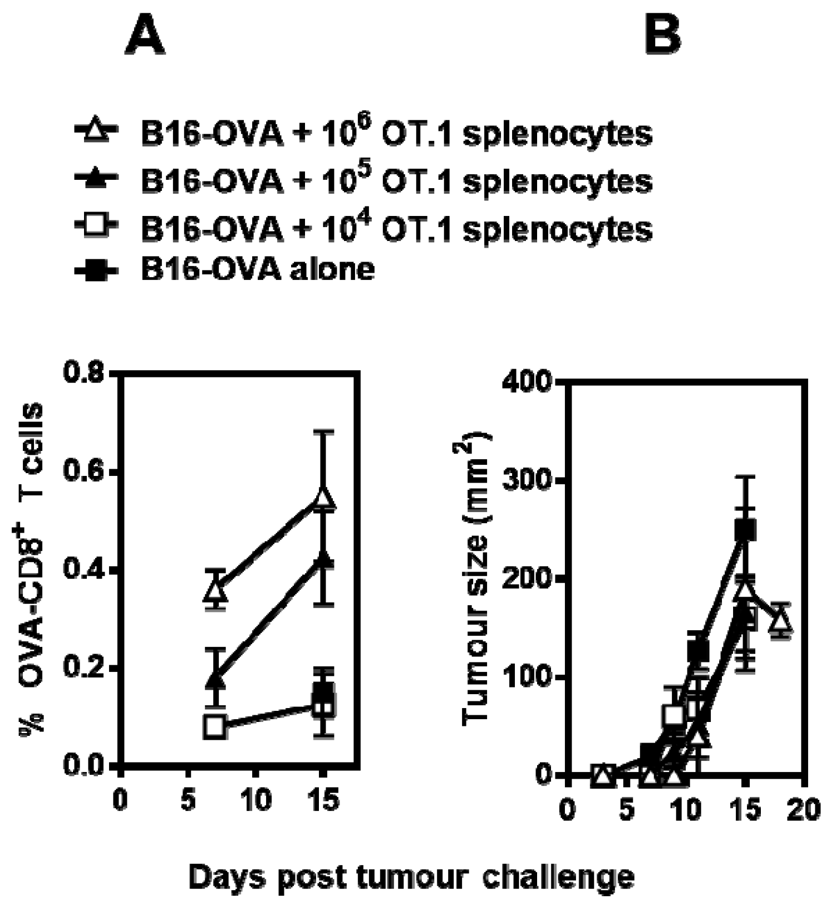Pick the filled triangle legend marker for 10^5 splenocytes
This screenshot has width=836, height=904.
96,179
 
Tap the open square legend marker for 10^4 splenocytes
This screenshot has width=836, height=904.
96,225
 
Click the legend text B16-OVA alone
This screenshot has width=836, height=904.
258,269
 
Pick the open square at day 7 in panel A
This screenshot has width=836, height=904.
215,726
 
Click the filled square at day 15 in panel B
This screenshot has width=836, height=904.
745,529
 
